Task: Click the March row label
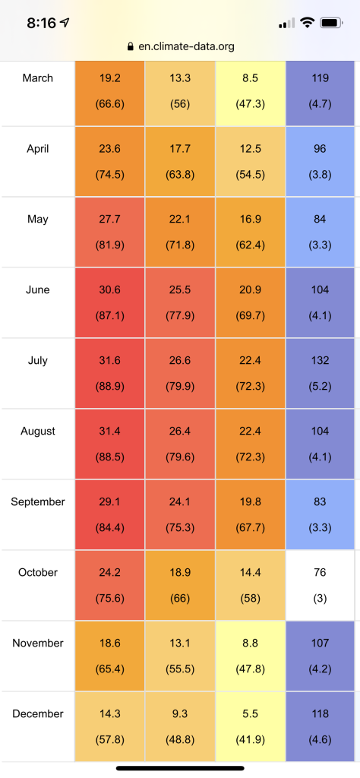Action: click(38, 78)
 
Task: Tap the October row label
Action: click(38, 572)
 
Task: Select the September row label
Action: click(38, 501)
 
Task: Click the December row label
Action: click(38, 713)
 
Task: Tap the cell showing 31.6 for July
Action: click(109, 373)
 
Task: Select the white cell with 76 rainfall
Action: click(320, 585)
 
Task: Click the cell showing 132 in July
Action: click(320, 373)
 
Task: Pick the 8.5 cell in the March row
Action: click(250, 93)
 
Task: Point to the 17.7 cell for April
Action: click(179, 161)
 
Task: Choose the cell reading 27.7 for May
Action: click(109, 232)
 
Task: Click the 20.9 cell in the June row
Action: click(250, 302)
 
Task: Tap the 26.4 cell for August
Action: click(179, 444)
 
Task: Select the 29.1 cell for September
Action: click(109, 514)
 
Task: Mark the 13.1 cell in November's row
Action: click(179, 656)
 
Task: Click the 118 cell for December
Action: click(320, 726)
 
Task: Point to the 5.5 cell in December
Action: click(250, 726)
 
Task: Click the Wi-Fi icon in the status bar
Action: click(308, 23)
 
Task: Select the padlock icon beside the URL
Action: click(131, 46)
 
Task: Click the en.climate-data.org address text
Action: click(186, 46)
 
